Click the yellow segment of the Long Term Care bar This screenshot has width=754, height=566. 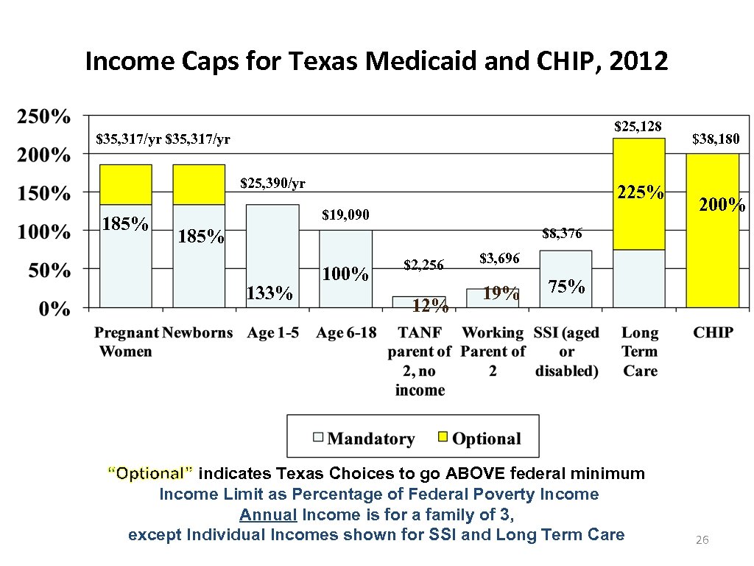(x=638, y=193)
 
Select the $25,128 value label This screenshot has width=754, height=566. (x=638, y=127)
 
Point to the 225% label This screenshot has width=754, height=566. (x=640, y=193)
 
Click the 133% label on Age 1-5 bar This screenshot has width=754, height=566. (x=269, y=293)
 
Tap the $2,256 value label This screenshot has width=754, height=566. (x=423, y=265)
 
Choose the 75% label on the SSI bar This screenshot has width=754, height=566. (x=567, y=287)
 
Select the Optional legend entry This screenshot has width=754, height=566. (x=486, y=439)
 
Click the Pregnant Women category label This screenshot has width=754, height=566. (x=125, y=342)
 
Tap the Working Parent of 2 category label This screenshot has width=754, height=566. (x=493, y=352)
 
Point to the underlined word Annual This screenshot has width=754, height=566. (x=268, y=514)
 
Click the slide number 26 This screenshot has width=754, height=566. (x=702, y=541)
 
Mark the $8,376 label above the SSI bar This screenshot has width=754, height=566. (x=562, y=234)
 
